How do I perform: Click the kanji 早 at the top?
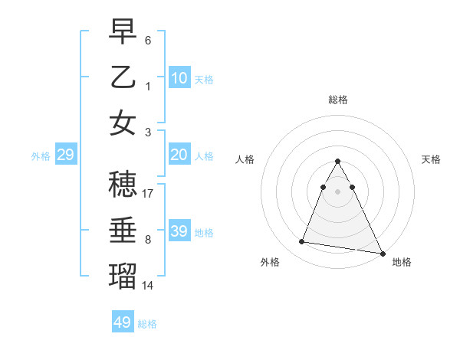click(123, 33)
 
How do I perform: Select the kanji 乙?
click(123, 77)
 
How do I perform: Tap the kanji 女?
click(123, 122)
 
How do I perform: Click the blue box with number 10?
click(179, 78)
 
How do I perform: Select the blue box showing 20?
click(179, 155)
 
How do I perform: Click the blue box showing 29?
click(65, 155)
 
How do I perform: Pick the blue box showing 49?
click(122, 322)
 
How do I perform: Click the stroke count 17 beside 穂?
click(149, 194)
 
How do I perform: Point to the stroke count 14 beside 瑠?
click(149, 285)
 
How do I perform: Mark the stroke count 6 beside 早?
click(148, 40)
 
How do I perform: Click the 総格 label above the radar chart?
click(337, 100)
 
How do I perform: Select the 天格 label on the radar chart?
click(432, 159)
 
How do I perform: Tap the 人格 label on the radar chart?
click(245, 159)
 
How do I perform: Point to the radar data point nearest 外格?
click(302, 242)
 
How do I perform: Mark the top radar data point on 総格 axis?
click(337, 162)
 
